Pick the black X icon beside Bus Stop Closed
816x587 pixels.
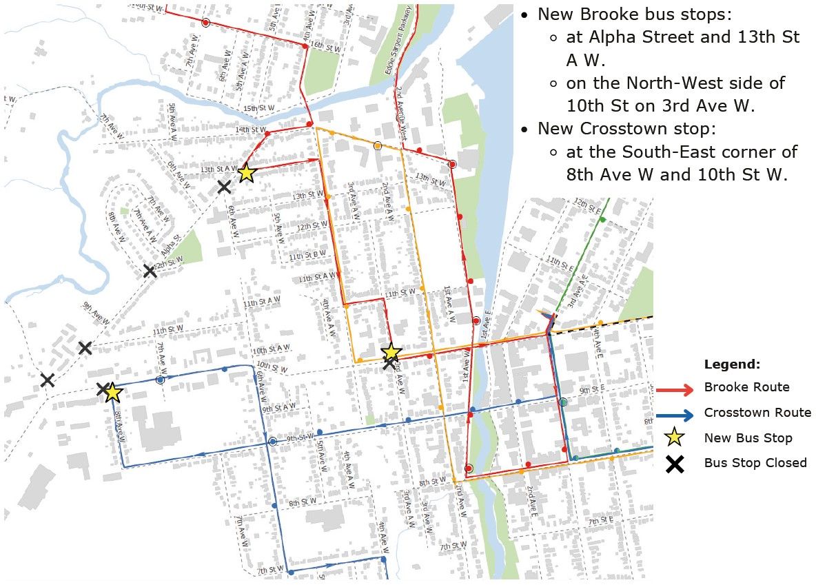(x=675, y=464)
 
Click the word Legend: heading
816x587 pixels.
(x=732, y=364)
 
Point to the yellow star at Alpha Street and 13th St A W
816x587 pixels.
(x=247, y=173)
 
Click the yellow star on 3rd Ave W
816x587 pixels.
(x=391, y=352)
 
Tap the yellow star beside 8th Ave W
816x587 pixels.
(x=113, y=393)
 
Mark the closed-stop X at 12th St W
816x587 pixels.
(x=150, y=271)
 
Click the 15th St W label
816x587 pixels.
(x=260, y=109)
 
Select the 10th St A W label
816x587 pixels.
(x=270, y=351)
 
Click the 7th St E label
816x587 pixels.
(x=601, y=520)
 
